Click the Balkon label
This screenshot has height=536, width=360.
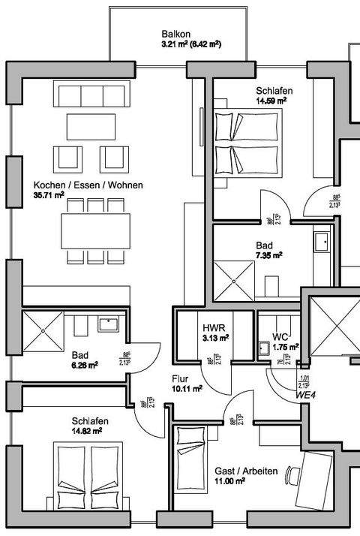coord(176,34)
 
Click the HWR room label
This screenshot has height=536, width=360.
coord(211,328)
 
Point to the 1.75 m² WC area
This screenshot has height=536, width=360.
coord(286,347)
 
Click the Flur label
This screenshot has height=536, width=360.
coord(181,379)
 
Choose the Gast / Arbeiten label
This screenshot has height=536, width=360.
coord(246,471)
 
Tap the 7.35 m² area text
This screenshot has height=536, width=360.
coord(268,255)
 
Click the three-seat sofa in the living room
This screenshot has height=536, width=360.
coord(91,95)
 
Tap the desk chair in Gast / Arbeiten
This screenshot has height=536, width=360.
coord(292,476)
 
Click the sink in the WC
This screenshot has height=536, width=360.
coord(263,348)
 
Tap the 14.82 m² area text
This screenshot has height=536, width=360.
coord(87,431)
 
